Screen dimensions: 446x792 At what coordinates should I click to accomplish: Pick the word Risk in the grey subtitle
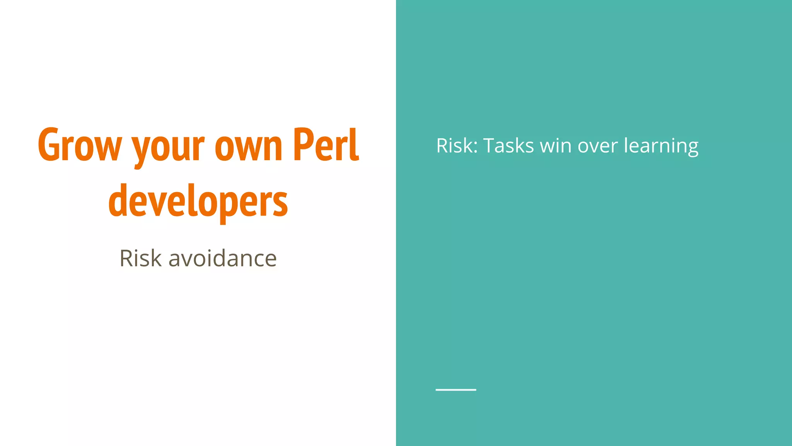coord(140,258)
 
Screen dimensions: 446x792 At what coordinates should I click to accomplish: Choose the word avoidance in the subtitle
coord(222,258)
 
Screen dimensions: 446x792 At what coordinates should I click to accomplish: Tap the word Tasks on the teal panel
coord(509,146)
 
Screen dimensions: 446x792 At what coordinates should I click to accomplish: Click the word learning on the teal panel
coord(661,146)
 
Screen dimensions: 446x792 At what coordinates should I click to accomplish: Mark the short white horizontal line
coord(456,389)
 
